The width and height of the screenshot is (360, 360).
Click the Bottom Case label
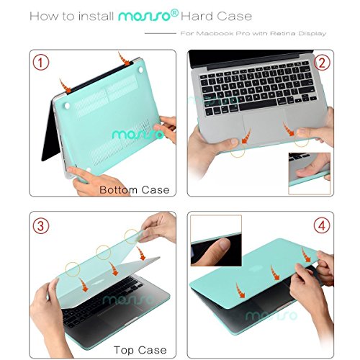pyautogui.click(x=134, y=190)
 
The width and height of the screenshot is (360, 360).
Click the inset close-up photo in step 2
pyautogui.click(x=308, y=174)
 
